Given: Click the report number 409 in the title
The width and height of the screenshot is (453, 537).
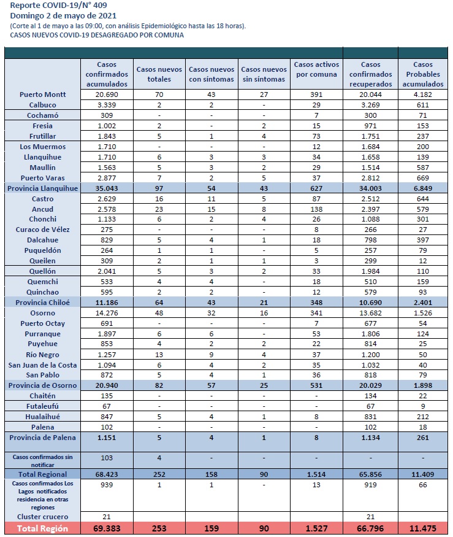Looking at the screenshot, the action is coord(99,6).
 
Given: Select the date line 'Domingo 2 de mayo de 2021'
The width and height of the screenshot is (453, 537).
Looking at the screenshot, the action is coord(63,16).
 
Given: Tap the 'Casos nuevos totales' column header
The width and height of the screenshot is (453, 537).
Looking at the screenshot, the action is coord(159,74).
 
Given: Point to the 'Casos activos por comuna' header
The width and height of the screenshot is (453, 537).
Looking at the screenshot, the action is coord(316,69).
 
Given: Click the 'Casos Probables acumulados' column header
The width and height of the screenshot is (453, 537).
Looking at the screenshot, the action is coord(423,74).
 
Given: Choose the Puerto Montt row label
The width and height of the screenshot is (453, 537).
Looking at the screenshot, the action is coord(43,95).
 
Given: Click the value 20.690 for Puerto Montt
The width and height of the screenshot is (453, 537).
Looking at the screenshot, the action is coord(107,95).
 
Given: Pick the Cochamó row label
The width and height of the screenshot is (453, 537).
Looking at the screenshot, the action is coord(43,115).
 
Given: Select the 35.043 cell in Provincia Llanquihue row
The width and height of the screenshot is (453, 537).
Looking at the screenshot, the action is coord(107,188).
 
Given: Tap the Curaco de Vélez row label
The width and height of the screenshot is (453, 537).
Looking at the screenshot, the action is coord(43,230).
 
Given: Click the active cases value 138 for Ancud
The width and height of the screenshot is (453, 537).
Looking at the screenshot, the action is coord(316,209).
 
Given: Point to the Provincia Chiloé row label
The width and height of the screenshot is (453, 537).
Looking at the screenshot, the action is coord(43,303).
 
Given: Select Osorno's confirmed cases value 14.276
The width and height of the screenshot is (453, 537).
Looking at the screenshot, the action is coord(107,313).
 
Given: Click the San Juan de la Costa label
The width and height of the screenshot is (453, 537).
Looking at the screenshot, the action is coord(43,365).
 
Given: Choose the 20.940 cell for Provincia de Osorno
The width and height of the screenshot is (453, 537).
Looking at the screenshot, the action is coord(107,385).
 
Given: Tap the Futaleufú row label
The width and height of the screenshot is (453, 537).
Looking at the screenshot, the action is coord(43,406).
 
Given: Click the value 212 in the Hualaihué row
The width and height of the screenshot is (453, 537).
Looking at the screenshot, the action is coord(423,417).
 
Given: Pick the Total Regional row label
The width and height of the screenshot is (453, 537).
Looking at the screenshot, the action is coord(43,474).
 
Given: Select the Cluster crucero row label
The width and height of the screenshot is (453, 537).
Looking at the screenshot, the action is coord(43,517).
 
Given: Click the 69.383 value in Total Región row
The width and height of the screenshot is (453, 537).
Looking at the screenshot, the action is coord(107,529).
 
